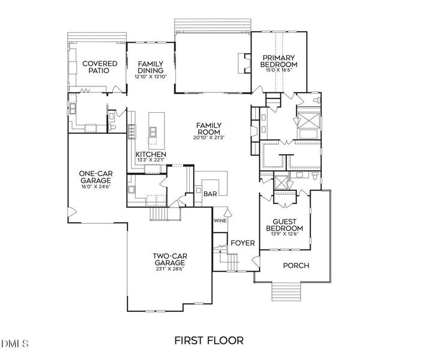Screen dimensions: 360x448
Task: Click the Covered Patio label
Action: pos(99,67)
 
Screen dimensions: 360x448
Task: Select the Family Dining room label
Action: pos(150,67)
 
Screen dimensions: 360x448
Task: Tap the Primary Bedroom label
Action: pos(279,61)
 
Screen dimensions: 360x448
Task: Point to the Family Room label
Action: pos(208,128)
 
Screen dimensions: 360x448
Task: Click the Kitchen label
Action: pos(150,154)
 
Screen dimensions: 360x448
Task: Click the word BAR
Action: pos(210,194)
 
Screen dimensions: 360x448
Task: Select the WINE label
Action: pos(220,220)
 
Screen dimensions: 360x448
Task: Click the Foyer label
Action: pos(243,243)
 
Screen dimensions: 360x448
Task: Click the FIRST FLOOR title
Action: pos(209,341)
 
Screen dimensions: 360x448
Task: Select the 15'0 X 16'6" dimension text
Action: pos(279,70)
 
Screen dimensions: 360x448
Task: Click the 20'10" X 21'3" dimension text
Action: pos(208,138)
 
